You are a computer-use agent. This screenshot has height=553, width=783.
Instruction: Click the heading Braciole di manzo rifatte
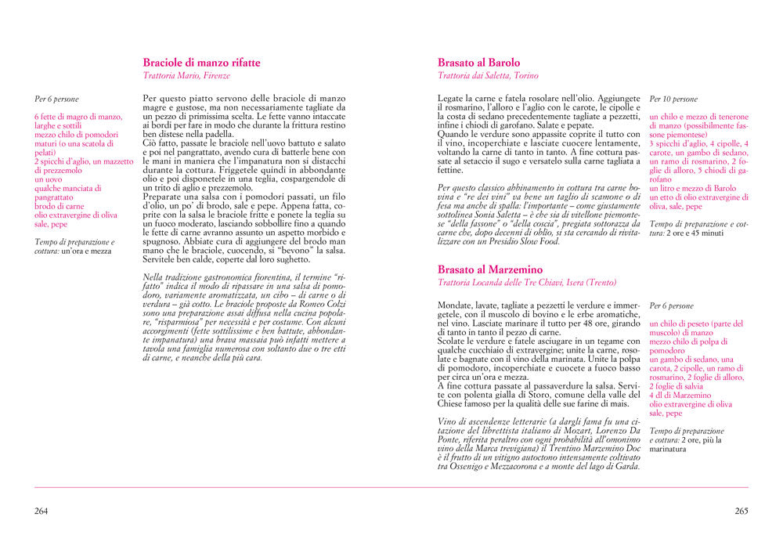(x=201, y=63)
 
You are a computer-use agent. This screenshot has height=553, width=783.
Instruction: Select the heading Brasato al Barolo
(x=478, y=63)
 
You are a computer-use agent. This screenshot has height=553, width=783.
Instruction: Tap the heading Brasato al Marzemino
(x=490, y=269)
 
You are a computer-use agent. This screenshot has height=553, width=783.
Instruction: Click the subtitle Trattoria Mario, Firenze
(x=186, y=76)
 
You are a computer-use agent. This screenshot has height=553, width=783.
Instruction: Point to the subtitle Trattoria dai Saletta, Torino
(x=489, y=76)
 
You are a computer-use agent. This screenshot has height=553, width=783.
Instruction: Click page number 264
(x=41, y=511)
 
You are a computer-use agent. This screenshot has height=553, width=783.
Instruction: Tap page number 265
(x=742, y=511)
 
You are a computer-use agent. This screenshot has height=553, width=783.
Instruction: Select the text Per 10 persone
(x=673, y=99)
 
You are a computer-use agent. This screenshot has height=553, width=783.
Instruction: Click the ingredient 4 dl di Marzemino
(x=680, y=396)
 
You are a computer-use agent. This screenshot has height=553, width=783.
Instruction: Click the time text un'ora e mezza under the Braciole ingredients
(x=87, y=251)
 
